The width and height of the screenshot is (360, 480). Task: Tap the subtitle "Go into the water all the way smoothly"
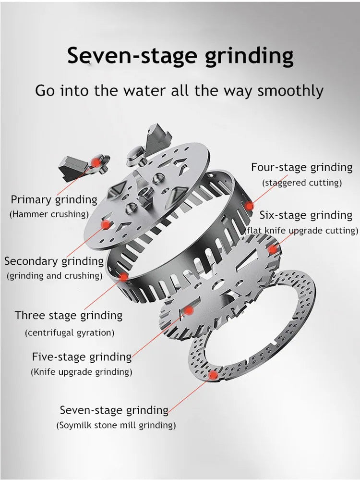click(x=179, y=91)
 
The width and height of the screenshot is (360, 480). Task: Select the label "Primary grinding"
click(x=54, y=200)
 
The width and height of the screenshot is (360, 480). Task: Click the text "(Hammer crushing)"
click(x=49, y=214)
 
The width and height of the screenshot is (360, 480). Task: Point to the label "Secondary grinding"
click(x=54, y=261)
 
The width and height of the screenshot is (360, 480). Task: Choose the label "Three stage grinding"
click(x=69, y=316)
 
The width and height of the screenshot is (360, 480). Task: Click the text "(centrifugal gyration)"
click(x=70, y=333)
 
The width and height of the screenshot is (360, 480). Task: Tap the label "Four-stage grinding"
click(x=302, y=168)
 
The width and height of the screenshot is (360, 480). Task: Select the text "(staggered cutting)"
click(x=302, y=183)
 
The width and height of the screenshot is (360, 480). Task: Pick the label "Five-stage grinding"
click(x=82, y=357)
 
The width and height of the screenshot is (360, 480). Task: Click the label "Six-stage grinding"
click(x=306, y=216)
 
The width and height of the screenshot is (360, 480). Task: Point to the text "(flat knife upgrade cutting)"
click(x=302, y=231)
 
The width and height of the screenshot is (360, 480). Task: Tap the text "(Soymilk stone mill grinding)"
click(x=116, y=426)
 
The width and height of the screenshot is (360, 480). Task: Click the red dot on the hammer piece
click(x=96, y=162)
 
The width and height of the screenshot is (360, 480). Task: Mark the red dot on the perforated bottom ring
click(x=213, y=375)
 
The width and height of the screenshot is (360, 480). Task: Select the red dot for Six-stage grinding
click(x=272, y=249)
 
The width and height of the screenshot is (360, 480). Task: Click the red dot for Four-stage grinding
click(x=250, y=206)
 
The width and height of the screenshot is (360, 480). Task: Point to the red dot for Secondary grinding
click(x=106, y=225)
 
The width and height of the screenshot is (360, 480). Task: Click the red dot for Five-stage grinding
click(x=189, y=310)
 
